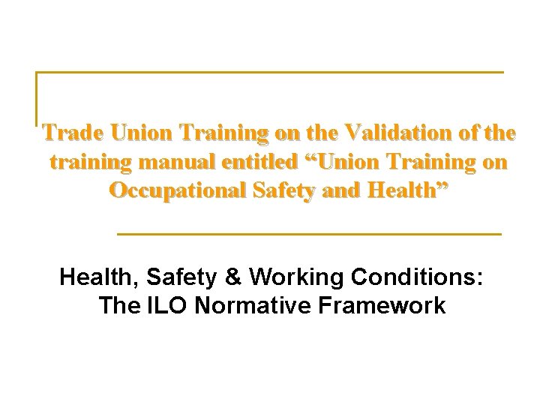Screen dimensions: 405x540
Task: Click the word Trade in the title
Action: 73,133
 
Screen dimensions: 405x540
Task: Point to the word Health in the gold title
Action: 406,190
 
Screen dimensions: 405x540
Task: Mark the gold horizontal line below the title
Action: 309,235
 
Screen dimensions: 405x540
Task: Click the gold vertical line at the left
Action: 37,97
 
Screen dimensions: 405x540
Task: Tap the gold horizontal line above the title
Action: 270,73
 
